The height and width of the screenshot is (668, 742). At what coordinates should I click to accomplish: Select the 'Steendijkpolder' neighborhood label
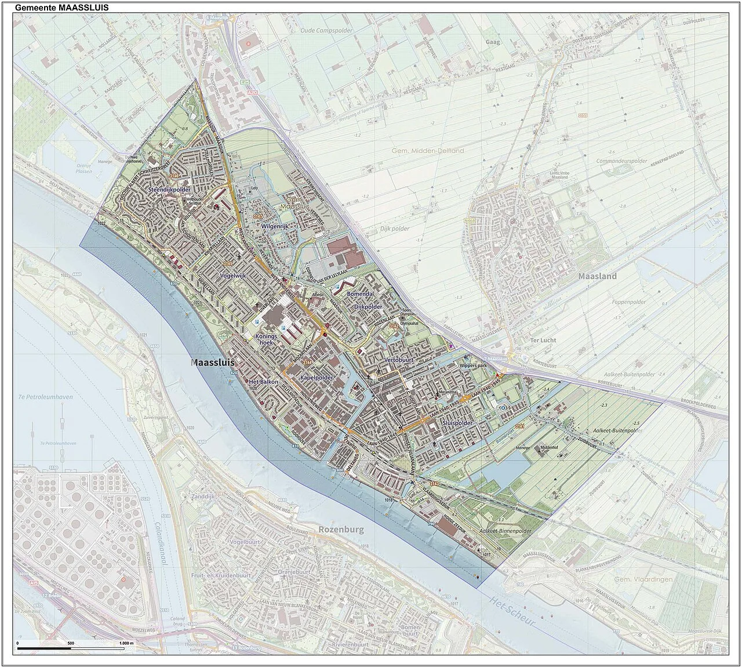click(x=169, y=189)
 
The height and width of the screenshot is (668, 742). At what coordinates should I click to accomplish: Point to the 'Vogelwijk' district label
click(x=234, y=276)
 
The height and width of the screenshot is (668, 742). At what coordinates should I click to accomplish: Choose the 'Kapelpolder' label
click(x=317, y=377)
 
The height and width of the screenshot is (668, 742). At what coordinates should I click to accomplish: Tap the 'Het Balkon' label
click(x=263, y=382)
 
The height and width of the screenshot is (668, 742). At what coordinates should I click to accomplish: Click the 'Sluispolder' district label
click(x=457, y=424)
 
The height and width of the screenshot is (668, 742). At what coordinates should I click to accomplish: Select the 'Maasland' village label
click(x=597, y=276)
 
